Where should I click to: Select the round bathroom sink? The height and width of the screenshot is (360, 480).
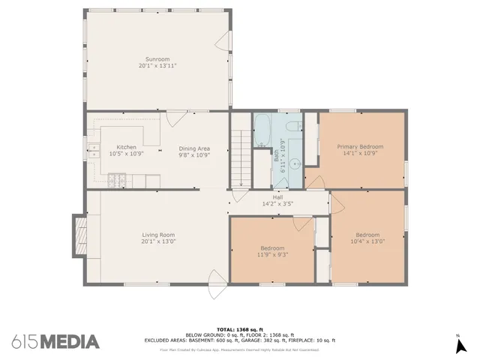coord(294,162)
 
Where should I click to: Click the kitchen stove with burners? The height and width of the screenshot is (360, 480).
coord(117,181)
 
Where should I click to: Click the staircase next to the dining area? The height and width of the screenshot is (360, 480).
coord(240,157)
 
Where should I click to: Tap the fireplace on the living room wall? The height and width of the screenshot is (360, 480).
coord(78,235)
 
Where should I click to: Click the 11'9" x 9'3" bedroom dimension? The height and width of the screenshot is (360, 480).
coord(272,253)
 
